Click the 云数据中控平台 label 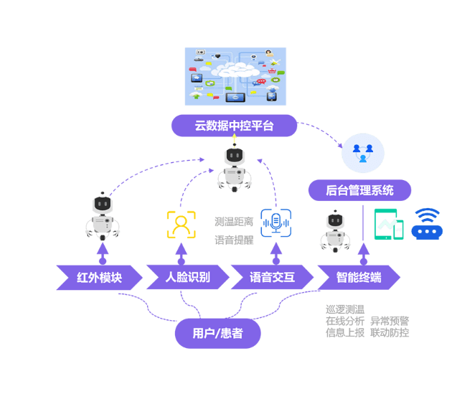click(x=234, y=126)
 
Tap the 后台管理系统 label click(x=359, y=190)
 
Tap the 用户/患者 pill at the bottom click(x=217, y=333)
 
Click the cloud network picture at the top click(x=235, y=77)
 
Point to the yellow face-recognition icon click(x=181, y=224)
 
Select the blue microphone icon click(x=275, y=223)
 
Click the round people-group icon click(x=362, y=152)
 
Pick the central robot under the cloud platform click(x=234, y=169)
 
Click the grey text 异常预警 click(x=390, y=321)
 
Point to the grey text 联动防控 click(x=390, y=333)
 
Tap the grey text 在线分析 click(x=345, y=321)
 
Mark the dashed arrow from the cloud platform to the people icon click(x=321, y=132)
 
